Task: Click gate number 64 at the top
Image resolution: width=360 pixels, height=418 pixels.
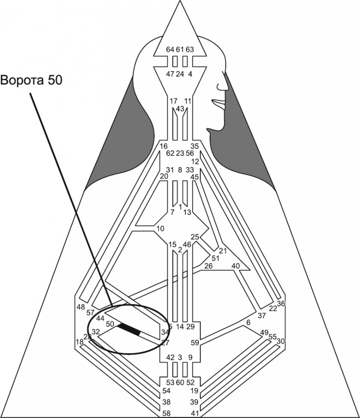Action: point(170,50)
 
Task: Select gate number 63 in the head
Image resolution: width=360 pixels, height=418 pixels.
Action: point(190,50)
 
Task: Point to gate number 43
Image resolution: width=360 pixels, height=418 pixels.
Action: point(180,108)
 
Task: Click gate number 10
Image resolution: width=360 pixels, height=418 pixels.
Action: point(159,228)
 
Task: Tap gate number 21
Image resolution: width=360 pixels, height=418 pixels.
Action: point(223,251)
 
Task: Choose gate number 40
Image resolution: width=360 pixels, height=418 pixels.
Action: point(236,266)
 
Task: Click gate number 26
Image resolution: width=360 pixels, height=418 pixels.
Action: point(208,266)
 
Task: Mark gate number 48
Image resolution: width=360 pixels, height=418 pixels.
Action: point(81,307)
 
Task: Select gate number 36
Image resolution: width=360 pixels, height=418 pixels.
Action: point(281,304)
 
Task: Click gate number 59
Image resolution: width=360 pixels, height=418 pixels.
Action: point(195,342)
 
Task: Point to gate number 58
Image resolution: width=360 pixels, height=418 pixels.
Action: point(167,413)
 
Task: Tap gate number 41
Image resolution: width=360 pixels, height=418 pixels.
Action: point(194,413)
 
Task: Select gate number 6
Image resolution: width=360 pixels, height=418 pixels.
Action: point(248,323)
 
